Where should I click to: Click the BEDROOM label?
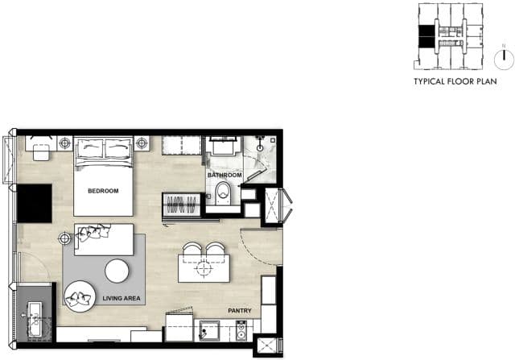click(x=103, y=191)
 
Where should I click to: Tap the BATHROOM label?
click(x=225, y=176)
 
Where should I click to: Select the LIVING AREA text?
click(x=122, y=298)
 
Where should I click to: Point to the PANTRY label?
click(x=240, y=310)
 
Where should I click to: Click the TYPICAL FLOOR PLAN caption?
click(x=455, y=81)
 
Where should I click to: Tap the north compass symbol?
click(x=504, y=60)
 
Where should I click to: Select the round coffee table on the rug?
click(x=117, y=271)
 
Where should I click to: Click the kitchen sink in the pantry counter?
click(x=209, y=331)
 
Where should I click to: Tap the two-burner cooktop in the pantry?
click(x=241, y=331)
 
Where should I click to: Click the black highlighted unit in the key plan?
click(x=426, y=36)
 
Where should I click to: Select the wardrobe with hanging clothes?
click(x=182, y=205)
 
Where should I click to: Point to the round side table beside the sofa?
click(x=64, y=238)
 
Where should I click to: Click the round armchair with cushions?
click(x=80, y=296)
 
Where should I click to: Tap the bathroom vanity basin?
click(x=223, y=146)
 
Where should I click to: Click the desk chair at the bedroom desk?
click(x=41, y=152)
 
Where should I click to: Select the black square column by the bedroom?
click(x=34, y=204)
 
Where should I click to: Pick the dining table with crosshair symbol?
click(x=204, y=268)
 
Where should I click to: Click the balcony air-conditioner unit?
click(x=35, y=319)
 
